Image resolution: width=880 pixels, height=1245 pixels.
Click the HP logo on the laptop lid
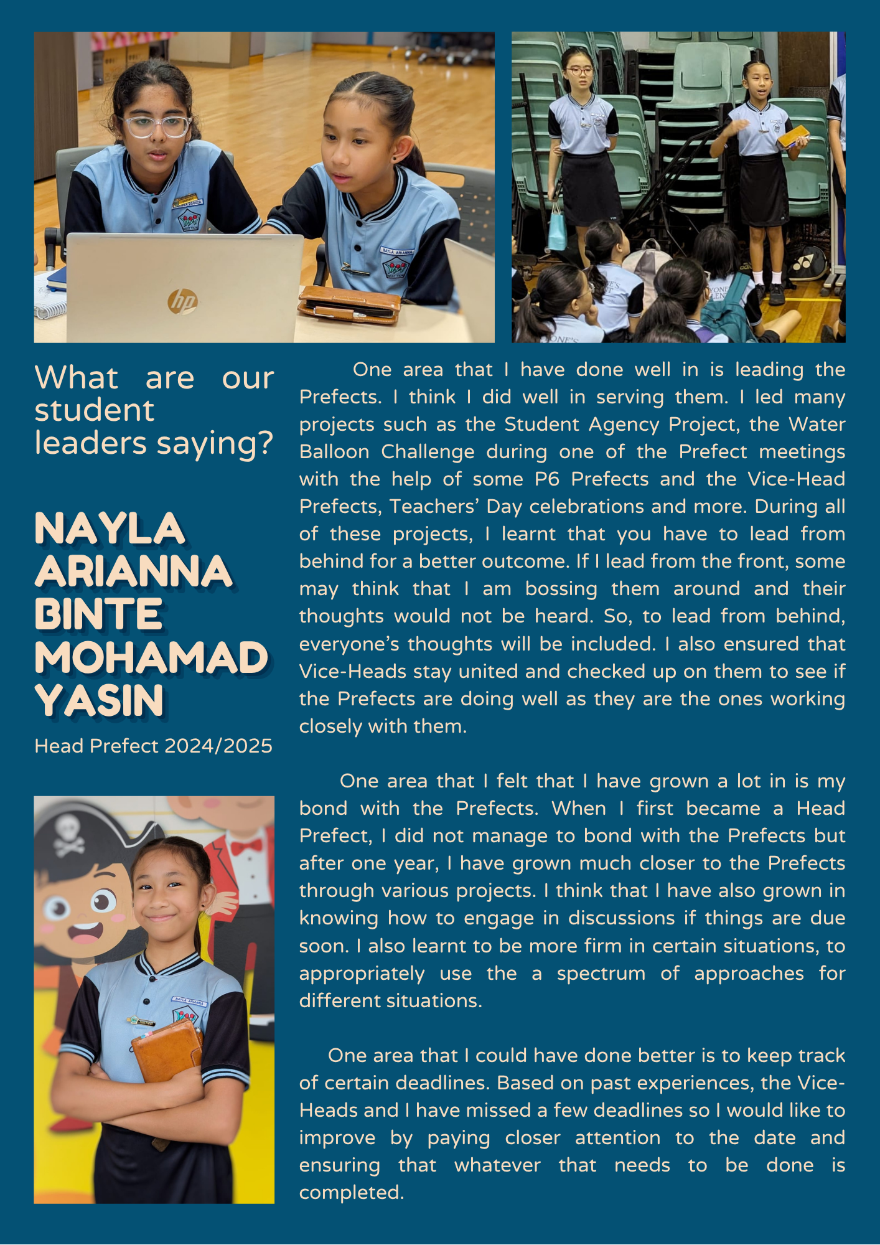coord(182,301)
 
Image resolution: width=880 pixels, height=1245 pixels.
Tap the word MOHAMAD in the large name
coord(151,658)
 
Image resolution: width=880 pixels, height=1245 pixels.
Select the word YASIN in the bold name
coord(99,701)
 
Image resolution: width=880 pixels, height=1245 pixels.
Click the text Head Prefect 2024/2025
coord(153,746)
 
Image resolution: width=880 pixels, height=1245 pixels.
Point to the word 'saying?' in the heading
coord(215,443)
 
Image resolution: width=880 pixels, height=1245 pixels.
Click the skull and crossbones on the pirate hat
coord(68,835)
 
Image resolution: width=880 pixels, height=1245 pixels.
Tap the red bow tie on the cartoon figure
coord(246,847)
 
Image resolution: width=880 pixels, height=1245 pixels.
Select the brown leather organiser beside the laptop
coord(349,304)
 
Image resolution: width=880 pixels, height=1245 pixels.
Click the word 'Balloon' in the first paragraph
coord(334,451)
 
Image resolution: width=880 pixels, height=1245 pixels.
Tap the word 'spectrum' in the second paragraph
coord(601,973)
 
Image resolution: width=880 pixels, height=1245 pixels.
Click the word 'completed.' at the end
coord(352,1192)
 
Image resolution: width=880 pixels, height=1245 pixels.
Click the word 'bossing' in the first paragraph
coord(561,588)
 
